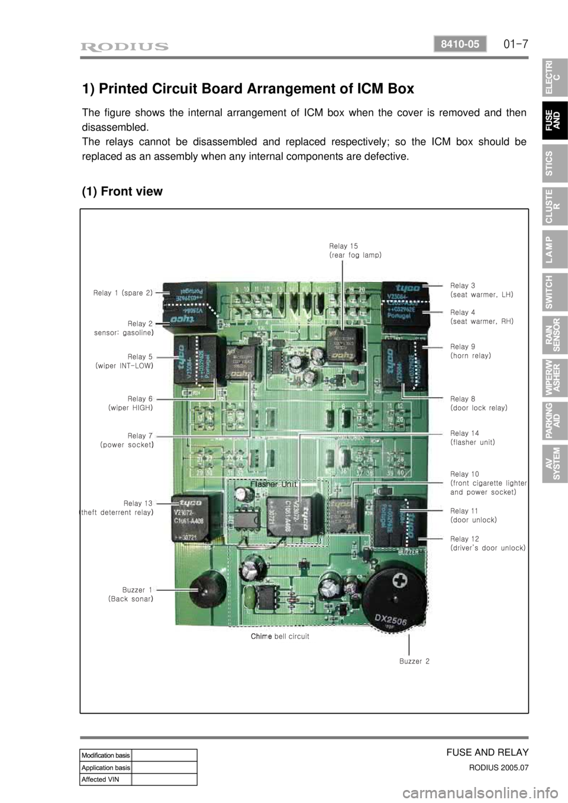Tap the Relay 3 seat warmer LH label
coord(481,289)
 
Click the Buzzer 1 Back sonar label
coord(131,594)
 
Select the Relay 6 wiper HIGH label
coord(130,403)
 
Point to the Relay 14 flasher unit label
coord(472,438)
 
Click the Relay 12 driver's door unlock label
coord(487,543)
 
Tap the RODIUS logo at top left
coord(127,46)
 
